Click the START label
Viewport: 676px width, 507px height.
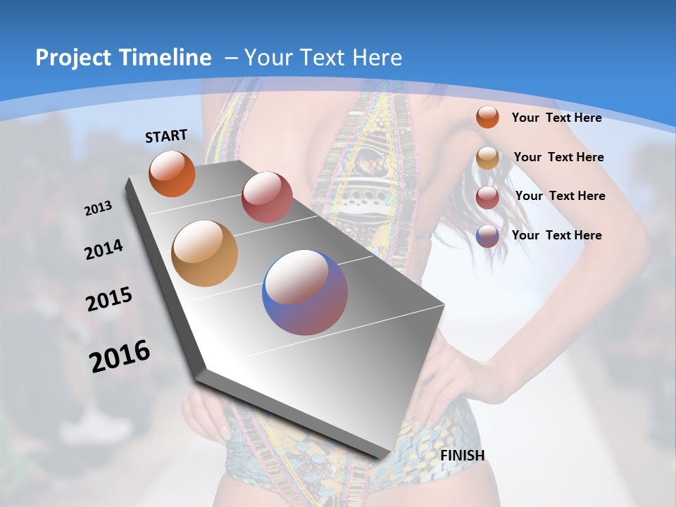pos(166,136)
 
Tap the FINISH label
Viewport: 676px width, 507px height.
pos(463,456)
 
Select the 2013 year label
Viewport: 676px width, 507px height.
pos(99,208)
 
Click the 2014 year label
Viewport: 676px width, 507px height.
pos(104,249)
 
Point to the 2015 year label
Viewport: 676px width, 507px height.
pos(109,299)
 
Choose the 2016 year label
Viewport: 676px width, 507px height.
pos(120,356)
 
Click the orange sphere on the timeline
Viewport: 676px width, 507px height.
pos(172,173)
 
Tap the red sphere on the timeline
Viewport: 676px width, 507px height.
pos(267,196)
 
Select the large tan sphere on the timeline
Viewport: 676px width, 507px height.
pos(205,254)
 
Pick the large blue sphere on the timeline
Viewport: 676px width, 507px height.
pos(305,292)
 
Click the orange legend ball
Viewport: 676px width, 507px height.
pos(487,117)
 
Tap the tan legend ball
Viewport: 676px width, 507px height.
pos(487,158)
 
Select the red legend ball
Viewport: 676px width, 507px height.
pos(487,197)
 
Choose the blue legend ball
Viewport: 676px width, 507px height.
pos(487,236)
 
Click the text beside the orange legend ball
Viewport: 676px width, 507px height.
pos(556,118)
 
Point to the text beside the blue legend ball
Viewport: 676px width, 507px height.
pos(556,235)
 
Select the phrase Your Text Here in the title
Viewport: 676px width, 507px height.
pos(323,58)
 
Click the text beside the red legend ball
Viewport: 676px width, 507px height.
pos(560,196)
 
